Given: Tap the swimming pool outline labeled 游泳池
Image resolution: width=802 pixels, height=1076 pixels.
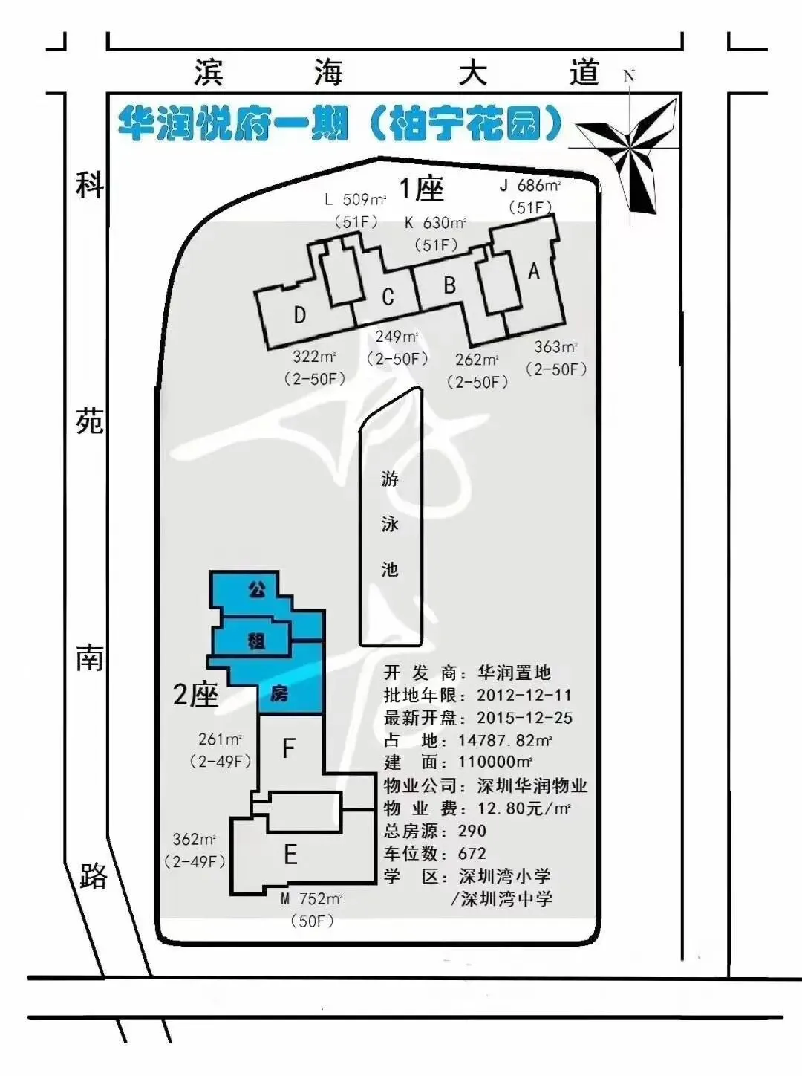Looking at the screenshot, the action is coord(360,516).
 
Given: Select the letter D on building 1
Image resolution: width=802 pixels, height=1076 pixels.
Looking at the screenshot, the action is coord(300,315).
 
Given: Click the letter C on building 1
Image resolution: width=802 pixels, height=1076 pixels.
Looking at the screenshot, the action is coord(388,297).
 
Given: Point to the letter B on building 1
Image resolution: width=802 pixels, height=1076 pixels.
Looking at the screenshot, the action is coord(449,285).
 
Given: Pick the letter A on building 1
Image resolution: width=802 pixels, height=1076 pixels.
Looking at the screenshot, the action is coord(533,271).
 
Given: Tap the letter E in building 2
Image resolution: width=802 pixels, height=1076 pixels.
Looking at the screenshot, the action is coord(290,855).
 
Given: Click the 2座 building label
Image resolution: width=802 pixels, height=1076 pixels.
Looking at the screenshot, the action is coord(195,694).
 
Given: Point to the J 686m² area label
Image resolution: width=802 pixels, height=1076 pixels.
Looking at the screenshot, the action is coord(530,186).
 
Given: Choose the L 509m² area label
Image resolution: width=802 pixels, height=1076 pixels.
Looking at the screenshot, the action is coord(356,199).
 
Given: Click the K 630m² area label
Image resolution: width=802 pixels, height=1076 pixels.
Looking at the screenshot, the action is coord(435,223).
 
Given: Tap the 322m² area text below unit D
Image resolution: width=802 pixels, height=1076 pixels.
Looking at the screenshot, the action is coord(314,357).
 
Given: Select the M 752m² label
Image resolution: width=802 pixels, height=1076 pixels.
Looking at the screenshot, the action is coord(312,898).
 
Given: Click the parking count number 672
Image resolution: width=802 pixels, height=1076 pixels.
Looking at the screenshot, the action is coord(472,854).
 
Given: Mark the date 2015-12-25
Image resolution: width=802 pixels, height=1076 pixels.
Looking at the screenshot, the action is coord(525,718).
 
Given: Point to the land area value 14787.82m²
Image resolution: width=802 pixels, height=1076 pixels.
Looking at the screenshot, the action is coord(506,740).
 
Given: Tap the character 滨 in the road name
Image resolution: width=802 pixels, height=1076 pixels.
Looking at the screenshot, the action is coord(208,73).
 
